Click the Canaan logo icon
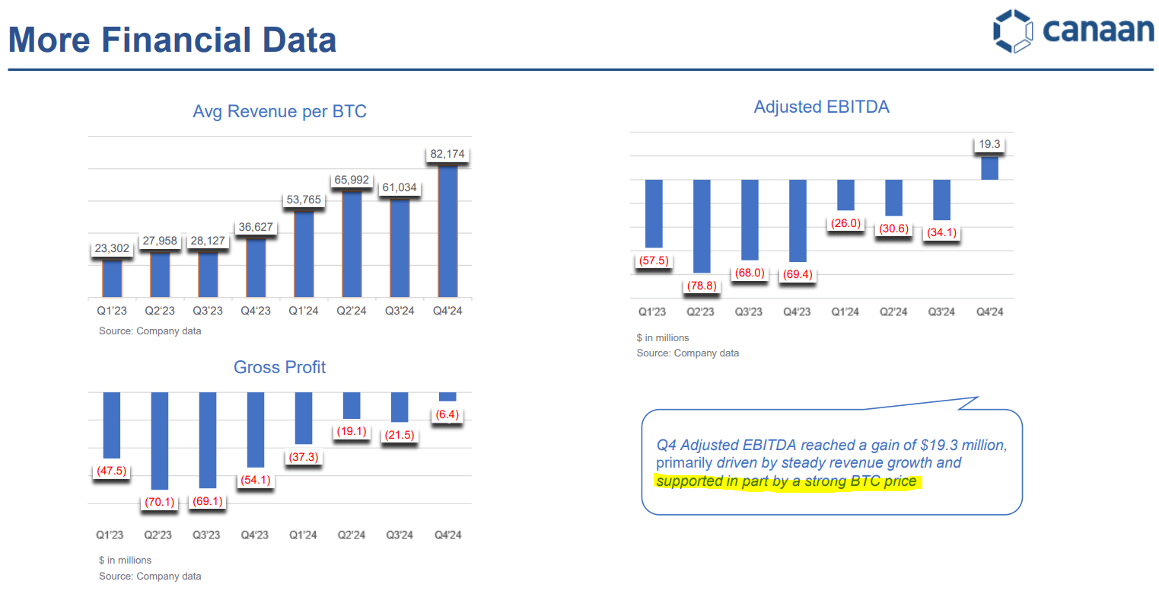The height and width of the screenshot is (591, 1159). (1014, 31)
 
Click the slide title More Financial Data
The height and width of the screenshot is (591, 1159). (172, 40)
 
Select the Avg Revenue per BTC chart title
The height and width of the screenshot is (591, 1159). (279, 112)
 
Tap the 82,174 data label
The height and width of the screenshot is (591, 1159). (447, 155)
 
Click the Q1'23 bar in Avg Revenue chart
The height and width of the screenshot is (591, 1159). (112, 278)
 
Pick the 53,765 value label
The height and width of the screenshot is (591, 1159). (303, 200)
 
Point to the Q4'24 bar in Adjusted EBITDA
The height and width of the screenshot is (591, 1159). (989, 168)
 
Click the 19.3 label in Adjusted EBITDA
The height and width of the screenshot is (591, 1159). (989, 144)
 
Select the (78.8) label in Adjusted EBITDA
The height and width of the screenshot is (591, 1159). (701, 286)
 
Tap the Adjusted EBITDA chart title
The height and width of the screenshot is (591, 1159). (821, 107)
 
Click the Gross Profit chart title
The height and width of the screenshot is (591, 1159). (279, 367)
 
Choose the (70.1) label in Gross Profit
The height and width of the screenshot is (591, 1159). (160, 502)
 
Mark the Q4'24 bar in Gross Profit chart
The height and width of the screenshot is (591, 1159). (447, 397)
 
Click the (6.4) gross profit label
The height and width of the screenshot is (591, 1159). (447, 414)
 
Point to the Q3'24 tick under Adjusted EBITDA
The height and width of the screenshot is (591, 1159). (941, 312)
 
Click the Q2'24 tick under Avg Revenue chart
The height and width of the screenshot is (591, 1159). (352, 311)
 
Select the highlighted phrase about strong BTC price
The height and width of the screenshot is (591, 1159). (786, 481)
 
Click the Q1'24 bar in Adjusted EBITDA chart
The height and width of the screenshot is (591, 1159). (845, 195)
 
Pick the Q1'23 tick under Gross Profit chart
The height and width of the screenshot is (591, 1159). (112, 535)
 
